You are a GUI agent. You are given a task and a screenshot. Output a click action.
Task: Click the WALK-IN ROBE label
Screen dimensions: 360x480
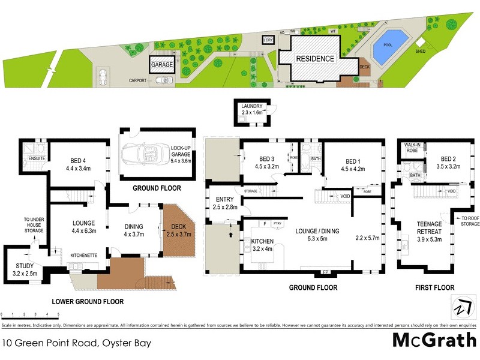pos(412,148)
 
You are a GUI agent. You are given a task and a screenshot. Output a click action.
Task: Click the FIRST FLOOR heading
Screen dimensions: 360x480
pos(434,287)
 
